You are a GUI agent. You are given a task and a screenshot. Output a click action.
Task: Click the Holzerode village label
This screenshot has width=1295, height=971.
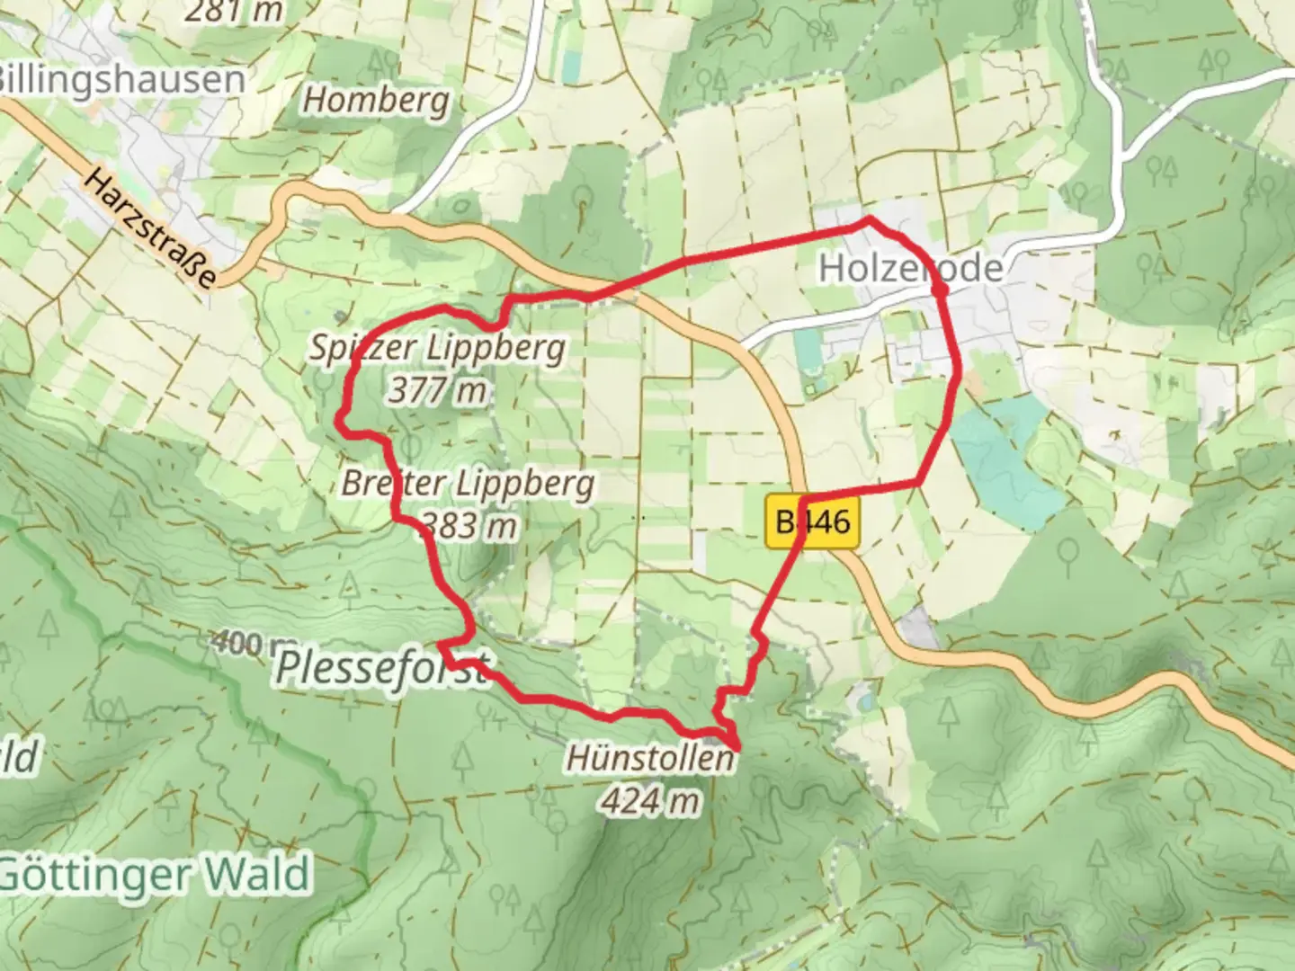tap(910, 269)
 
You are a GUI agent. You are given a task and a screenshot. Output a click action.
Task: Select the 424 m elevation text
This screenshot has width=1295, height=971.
tap(649, 799)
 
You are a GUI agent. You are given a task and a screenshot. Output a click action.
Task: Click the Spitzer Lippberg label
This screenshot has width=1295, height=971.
tap(438, 348)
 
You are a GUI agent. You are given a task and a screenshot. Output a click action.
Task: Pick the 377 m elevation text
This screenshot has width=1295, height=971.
tap(438, 389)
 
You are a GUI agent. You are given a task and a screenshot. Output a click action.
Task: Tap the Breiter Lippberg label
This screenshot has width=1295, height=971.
tap(468, 484)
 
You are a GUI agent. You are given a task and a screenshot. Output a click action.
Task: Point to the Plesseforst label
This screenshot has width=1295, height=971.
tap(382, 669)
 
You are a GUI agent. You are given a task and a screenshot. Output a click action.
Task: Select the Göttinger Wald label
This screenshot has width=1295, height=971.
tap(155, 874)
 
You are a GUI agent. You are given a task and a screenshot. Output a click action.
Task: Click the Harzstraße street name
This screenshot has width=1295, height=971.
tap(150, 227)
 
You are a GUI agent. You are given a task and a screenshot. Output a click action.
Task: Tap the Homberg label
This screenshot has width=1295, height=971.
tap(375, 100)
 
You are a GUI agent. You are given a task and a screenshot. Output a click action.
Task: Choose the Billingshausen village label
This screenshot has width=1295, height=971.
tap(119, 78)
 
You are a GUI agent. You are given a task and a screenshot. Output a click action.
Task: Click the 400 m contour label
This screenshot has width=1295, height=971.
tap(249, 644)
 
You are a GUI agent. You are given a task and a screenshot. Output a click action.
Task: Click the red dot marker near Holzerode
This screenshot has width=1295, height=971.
tap(939, 290)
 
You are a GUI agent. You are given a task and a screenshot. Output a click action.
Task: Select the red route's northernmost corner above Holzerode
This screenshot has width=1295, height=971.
tap(868, 218)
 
